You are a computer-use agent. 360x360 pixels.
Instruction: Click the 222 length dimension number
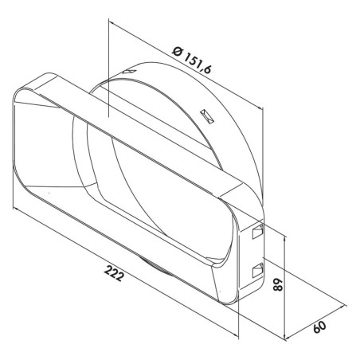114,273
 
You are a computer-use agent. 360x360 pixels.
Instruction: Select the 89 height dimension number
278,284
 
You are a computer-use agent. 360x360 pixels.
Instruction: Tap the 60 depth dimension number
319,327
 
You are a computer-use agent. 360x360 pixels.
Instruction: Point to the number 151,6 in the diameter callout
198,63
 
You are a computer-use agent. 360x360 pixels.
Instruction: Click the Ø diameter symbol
177,51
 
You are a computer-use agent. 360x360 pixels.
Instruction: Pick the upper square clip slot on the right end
257,231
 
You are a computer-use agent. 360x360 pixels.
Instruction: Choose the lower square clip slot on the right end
257,270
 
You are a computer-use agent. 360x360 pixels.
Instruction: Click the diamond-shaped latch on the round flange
207,116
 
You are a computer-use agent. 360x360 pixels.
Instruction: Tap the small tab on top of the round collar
130,72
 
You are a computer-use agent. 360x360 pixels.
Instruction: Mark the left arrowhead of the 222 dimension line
16,209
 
